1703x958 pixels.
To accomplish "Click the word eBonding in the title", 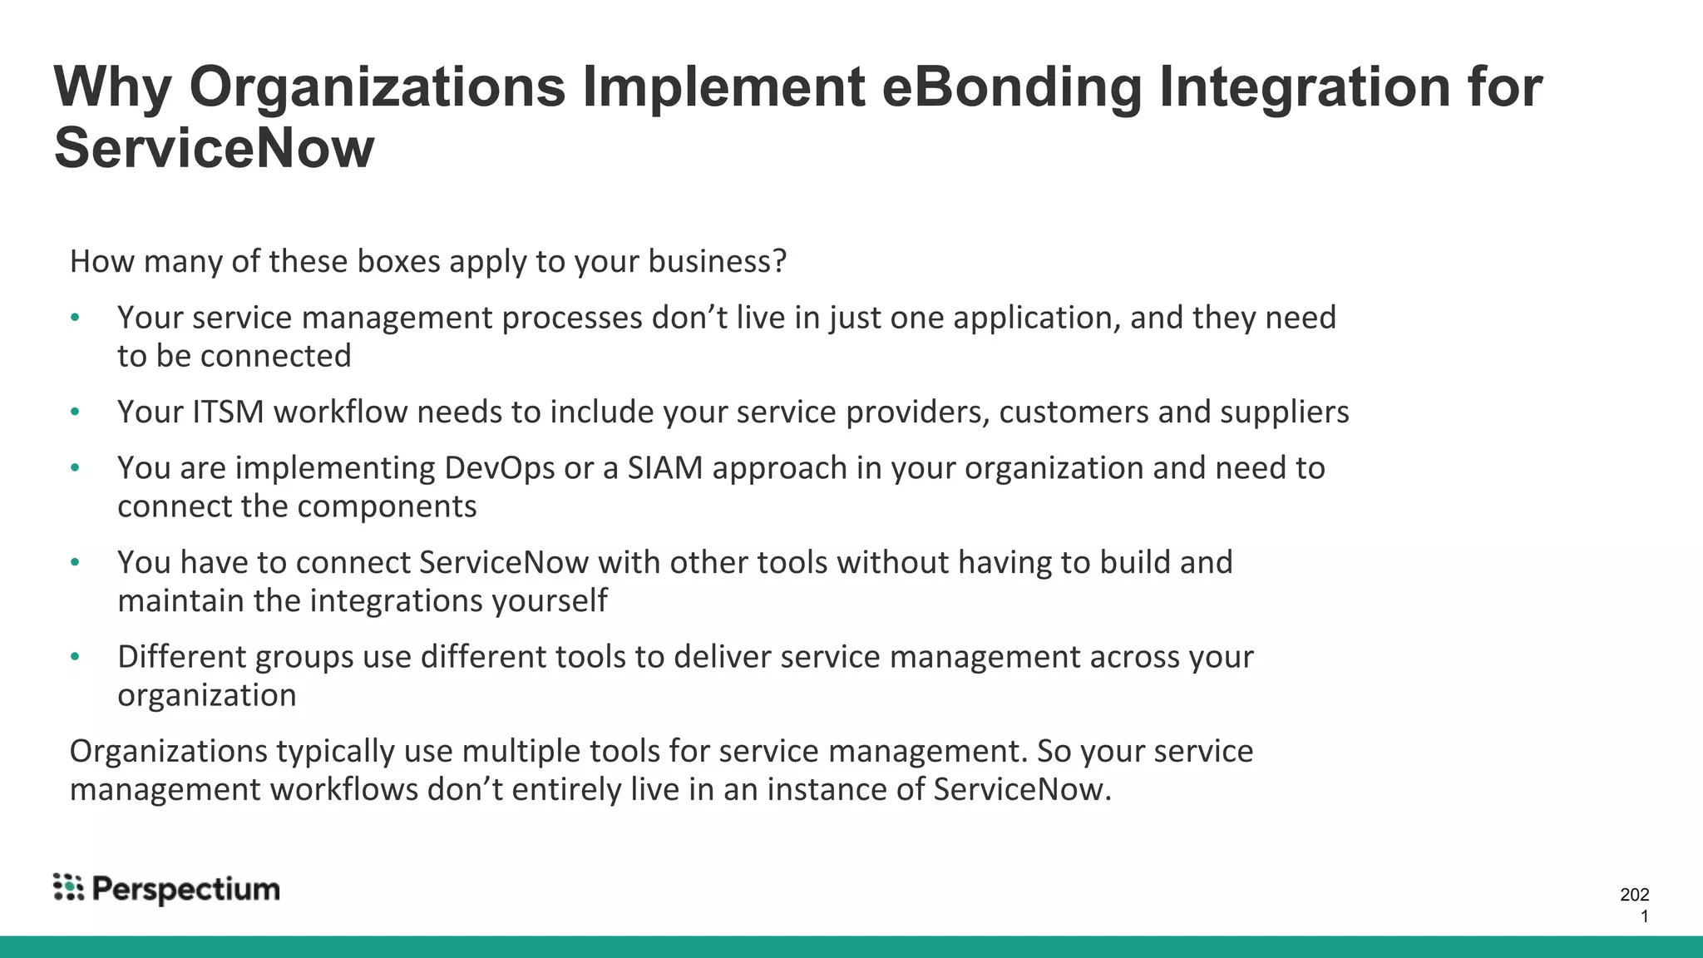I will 1010,87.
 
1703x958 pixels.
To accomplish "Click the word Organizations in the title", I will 378,87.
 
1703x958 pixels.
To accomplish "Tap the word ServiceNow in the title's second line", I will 214,149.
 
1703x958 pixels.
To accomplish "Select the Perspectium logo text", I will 186,889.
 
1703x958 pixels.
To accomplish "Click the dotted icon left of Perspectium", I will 68,887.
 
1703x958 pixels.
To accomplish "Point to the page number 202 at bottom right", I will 1634,895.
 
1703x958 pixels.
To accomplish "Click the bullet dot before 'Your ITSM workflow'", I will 75,412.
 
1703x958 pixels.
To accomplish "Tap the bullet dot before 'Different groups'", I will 75,657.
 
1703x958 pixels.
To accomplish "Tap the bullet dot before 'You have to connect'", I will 75,563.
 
